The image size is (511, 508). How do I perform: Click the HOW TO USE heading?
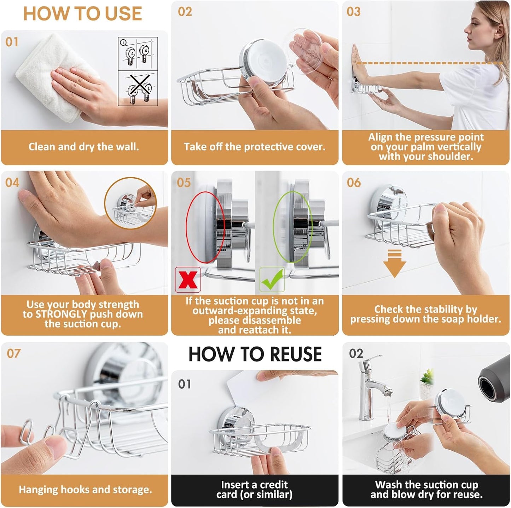(82, 14)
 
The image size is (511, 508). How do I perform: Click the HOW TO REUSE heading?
(255, 354)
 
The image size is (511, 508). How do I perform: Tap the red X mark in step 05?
(188, 280)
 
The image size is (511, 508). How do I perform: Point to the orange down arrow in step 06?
(394, 263)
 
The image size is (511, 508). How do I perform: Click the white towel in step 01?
(53, 74)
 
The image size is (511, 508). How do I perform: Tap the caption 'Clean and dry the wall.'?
(84, 147)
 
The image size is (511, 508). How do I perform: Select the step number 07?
(14, 353)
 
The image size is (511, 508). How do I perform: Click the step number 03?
(354, 12)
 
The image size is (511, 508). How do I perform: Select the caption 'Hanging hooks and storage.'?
(85, 490)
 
